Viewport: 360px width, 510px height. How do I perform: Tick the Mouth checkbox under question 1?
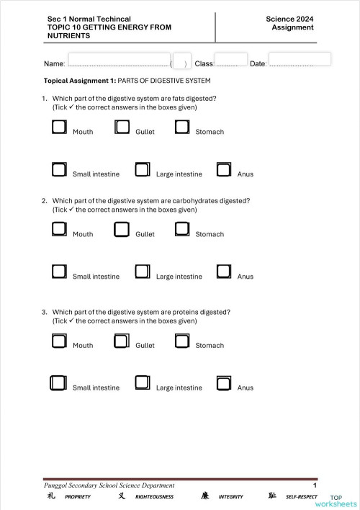point(60,127)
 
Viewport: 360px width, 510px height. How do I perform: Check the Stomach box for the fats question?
point(182,127)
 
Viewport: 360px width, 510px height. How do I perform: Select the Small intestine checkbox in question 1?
point(60,169)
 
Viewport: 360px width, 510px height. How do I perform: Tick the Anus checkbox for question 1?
point(224,169)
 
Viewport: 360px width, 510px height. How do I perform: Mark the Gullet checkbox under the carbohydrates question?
point(122,230)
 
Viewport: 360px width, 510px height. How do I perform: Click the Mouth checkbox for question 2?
point(60,230)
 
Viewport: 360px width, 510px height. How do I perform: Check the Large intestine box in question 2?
point(143,272)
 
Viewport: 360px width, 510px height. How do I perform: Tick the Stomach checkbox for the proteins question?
point(182,341)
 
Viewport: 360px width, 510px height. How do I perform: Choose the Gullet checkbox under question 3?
point(122,341)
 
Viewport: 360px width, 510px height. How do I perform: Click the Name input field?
point(119,59)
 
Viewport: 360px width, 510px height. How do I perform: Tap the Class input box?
point(230,59)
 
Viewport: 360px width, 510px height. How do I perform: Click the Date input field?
point(300,58)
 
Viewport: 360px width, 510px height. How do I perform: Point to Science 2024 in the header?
point(289,19)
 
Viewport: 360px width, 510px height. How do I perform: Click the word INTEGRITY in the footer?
point(230,496)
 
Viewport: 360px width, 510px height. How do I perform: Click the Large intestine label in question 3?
point(179,388)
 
